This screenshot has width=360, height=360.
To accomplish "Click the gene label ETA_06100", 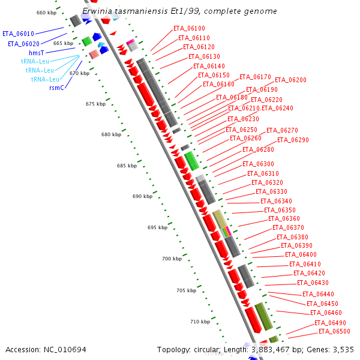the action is [x=189, y=28].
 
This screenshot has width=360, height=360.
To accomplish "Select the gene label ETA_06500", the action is [x=334, y=331].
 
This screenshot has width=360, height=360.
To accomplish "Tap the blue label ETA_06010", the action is [x=18, y=34].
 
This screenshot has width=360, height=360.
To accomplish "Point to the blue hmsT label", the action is [x=37, y=53].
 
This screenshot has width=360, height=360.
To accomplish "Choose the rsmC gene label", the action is [x=57, y=88].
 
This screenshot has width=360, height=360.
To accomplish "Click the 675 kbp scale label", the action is [x=95, y=104].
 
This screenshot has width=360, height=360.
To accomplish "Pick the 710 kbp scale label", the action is [x=200, y=322].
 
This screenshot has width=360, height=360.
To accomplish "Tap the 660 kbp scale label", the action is [x=46, y=13].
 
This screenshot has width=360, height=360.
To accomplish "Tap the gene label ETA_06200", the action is [x=290, y=80].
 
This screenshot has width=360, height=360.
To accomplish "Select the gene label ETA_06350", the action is [x=280, y=210].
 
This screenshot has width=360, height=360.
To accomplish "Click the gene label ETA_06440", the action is [x=318, y=294].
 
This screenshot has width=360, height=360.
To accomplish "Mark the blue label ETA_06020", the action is [x=23, y=44].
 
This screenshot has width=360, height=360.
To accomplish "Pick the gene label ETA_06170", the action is [x=255, y=77].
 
